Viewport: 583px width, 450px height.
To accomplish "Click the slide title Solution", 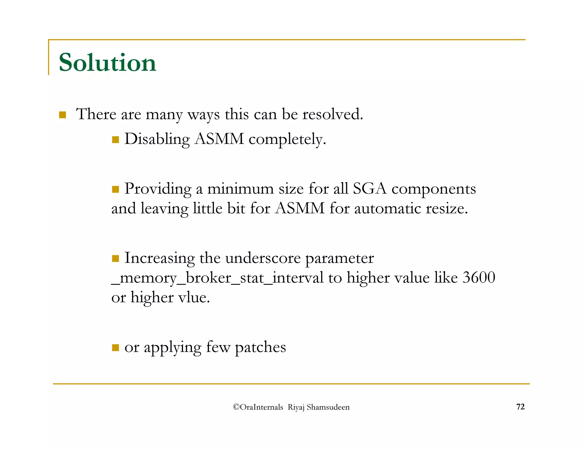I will point(107,63).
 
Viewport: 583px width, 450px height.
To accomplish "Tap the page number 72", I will point(520,407).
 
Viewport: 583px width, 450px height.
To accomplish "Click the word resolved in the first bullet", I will point(332,114).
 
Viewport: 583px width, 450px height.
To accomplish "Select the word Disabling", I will point(157,139).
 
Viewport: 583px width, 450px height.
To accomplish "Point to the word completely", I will point(287,139).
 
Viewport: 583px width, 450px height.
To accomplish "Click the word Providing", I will point(158,189).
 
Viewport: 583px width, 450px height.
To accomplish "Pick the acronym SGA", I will point(369,189).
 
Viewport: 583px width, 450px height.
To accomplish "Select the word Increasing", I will point(159,258).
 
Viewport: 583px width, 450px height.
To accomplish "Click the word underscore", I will point(263,258).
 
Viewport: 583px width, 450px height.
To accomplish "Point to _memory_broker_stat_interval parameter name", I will point(217,278).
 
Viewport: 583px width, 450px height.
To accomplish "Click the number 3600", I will point(479,278).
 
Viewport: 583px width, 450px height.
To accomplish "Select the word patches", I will point(260,347).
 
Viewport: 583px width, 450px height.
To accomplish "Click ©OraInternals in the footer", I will point(258,407).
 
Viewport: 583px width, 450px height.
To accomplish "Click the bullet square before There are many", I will point(62,115).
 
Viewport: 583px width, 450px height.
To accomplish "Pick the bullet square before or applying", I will point(115,348).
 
